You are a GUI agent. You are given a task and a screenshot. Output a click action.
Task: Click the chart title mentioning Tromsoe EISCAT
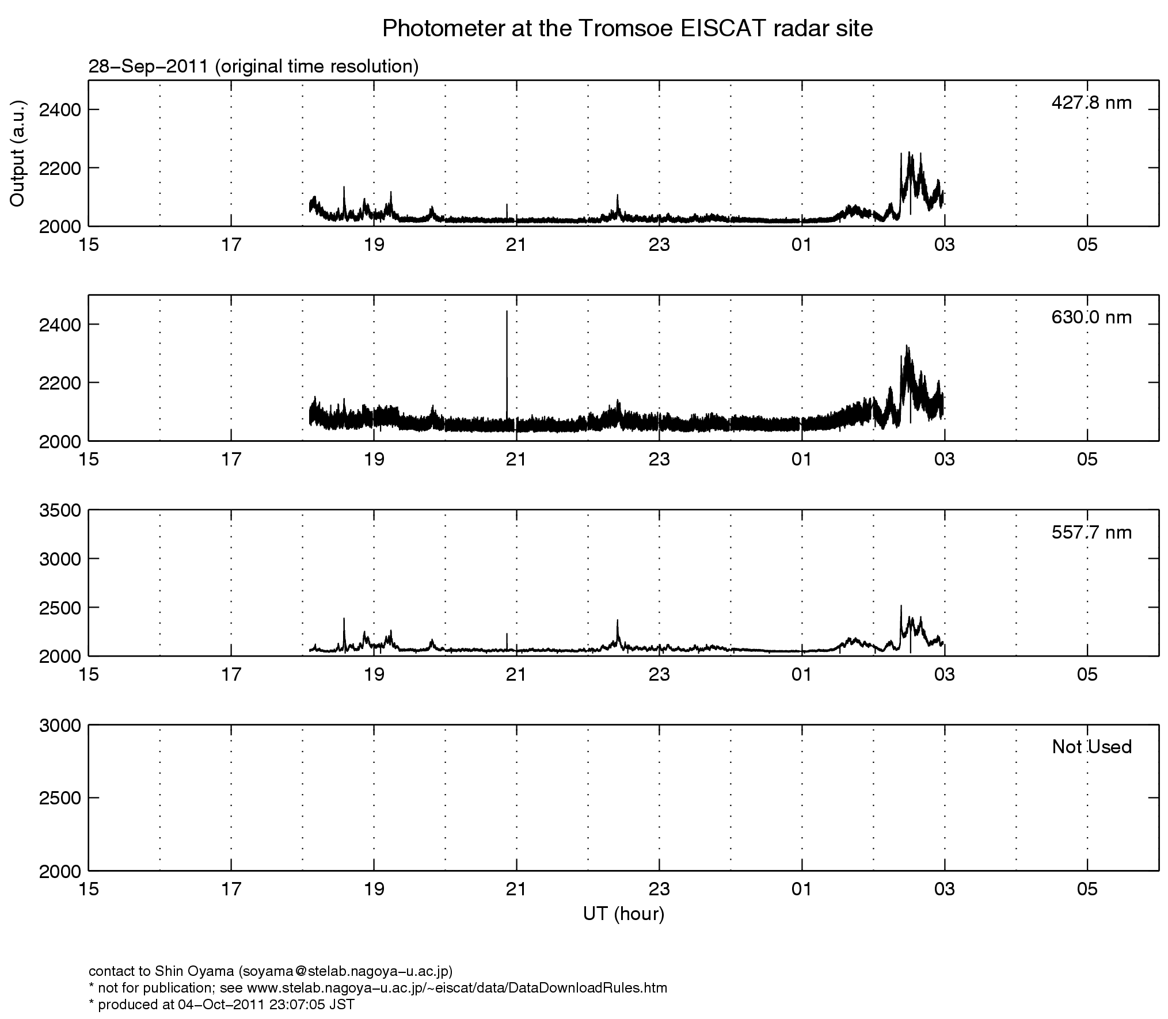click(627, 28)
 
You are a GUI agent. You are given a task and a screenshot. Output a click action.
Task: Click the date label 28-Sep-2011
click(149, 67)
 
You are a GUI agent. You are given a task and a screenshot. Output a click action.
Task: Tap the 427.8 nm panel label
click(1091, 103)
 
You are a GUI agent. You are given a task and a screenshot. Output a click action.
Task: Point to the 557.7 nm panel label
click(1091, 532)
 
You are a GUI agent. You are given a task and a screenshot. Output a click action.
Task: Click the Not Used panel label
click(1091, 747)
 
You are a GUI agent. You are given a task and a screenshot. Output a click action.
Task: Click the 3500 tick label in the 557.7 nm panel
click(60, 510)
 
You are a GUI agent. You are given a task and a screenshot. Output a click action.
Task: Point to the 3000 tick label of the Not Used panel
click(60, 725)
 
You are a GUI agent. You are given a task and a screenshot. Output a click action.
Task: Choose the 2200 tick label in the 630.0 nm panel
click(60, 383)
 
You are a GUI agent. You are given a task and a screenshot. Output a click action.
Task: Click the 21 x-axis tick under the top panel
click(516, 245)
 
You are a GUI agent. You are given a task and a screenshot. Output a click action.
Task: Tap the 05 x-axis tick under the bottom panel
click(1087, 890)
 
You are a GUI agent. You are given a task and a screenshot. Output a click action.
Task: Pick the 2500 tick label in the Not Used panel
click(60, 797)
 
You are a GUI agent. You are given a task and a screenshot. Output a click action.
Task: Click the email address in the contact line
click(343, 971)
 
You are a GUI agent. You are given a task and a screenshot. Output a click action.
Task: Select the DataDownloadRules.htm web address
click(456, 988)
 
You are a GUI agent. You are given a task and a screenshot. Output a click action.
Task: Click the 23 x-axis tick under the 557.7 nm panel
click(659, 674)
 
